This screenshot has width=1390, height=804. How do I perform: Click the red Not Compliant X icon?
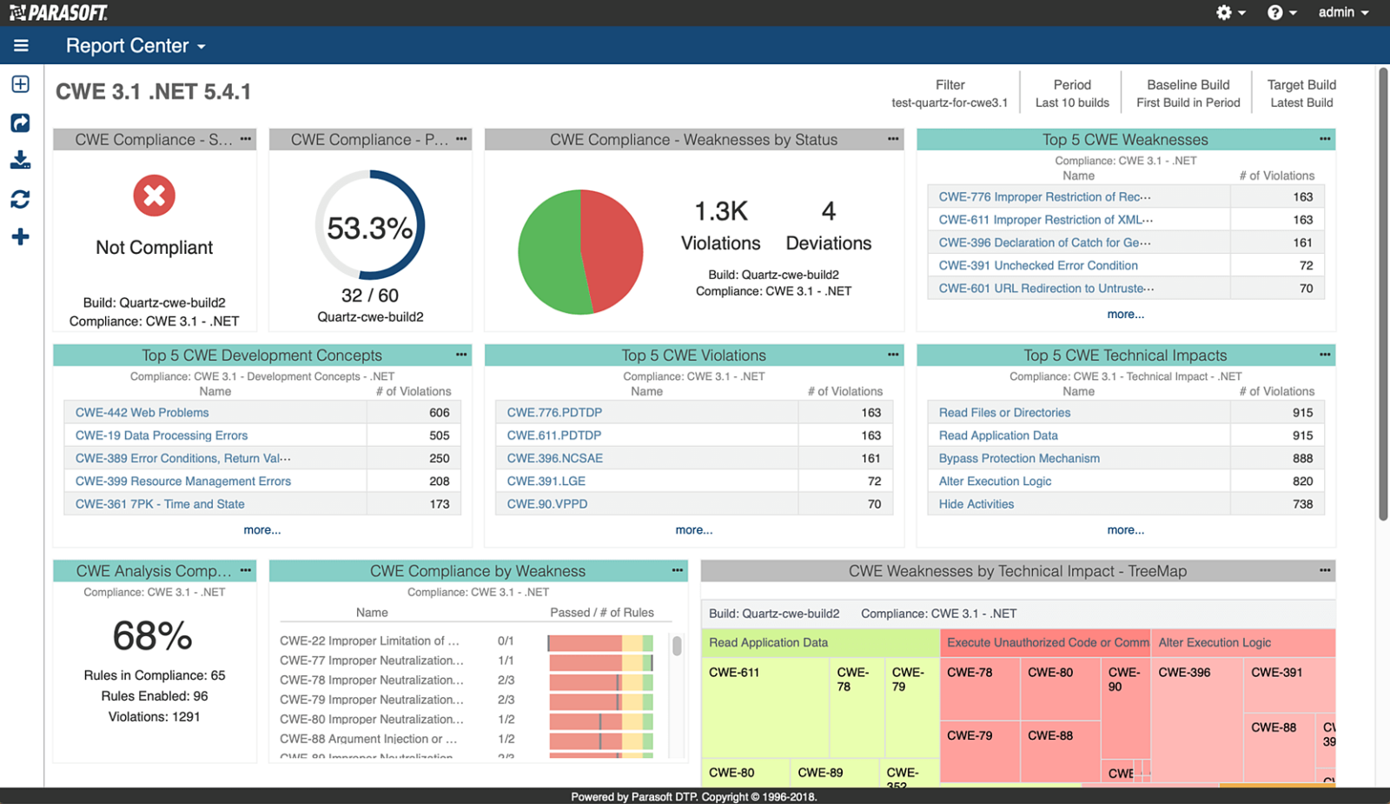click(154, 196)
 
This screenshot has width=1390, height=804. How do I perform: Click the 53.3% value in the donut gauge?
click(369, 229)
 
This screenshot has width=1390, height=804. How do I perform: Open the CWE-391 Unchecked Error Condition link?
click(1037, 265)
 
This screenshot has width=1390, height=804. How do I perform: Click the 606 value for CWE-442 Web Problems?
click(439, 413)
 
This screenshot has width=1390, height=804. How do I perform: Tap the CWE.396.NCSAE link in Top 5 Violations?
click(554, 458)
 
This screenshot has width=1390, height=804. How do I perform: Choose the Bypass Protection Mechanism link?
click(1018, 458)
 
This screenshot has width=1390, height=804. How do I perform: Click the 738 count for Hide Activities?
click(1301, 504)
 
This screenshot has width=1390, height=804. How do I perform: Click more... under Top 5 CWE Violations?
click(693, 530)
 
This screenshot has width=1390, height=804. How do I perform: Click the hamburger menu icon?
click(21, 46)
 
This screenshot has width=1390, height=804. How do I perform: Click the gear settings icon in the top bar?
click(1224, 12)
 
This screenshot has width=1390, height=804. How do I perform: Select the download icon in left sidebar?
click(20, 161)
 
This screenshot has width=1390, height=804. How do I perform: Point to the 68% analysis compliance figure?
click(153, 636)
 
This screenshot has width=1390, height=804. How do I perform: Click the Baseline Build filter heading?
click(1188, 85)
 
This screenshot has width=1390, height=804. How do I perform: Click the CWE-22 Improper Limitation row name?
click(368, 641)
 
